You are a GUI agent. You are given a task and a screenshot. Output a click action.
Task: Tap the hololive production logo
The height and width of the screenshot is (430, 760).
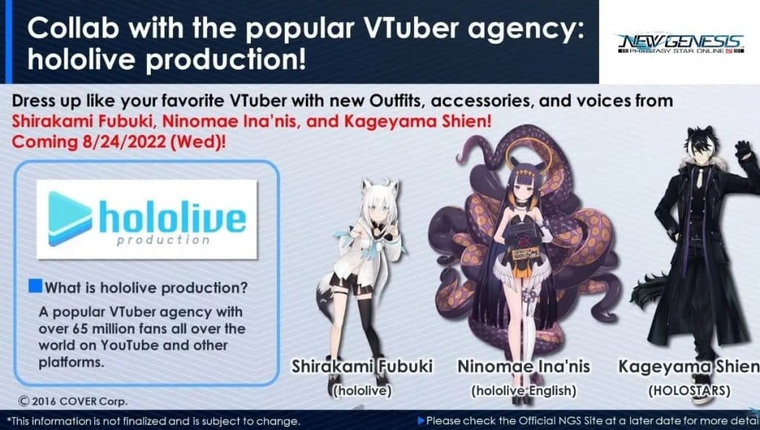(147, 219)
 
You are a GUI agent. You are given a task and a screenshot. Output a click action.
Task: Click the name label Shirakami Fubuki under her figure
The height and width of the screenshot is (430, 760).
(362, 366)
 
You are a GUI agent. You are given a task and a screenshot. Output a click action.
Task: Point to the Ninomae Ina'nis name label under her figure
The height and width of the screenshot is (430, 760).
(523, 366)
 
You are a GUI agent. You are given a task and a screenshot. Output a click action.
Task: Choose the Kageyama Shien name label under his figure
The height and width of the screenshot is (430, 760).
(689, 367)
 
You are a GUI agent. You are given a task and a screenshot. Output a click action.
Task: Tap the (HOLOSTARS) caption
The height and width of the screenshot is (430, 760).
(689, 391)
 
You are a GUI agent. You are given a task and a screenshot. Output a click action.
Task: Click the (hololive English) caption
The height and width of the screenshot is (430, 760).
(523, 391)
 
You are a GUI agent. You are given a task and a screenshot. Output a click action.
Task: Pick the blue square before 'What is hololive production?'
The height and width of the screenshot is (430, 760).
(36, 286)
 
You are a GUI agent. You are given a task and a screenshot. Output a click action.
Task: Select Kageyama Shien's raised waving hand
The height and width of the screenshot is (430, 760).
(743, 151)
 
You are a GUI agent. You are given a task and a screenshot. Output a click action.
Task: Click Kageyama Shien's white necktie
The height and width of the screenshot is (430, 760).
(700, 179)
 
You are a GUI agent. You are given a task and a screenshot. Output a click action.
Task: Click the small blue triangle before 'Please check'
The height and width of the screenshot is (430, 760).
(421, 421)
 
